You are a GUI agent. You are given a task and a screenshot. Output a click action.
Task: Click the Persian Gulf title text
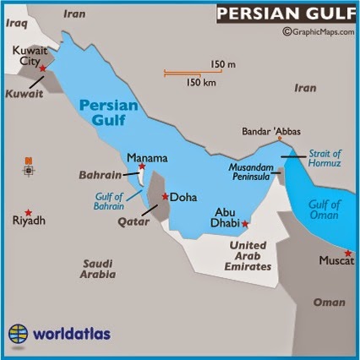tap(284, 14)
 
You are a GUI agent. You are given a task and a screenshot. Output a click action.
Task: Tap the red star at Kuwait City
tap(43, 68)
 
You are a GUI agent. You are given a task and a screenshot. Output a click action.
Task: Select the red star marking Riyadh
tap(28, 211)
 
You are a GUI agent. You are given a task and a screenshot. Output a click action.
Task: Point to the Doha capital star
tap(164, 196)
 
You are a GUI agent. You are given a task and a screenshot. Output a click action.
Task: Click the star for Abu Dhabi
tap(245, 224)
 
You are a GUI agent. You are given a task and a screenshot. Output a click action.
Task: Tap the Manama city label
tap(147, 158)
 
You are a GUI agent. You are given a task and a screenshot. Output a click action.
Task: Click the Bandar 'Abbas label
tap(270, 132)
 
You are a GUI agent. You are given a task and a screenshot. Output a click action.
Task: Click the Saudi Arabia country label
tap(97, 268)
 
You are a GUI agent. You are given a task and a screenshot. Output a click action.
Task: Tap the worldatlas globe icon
tap(19, 333)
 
